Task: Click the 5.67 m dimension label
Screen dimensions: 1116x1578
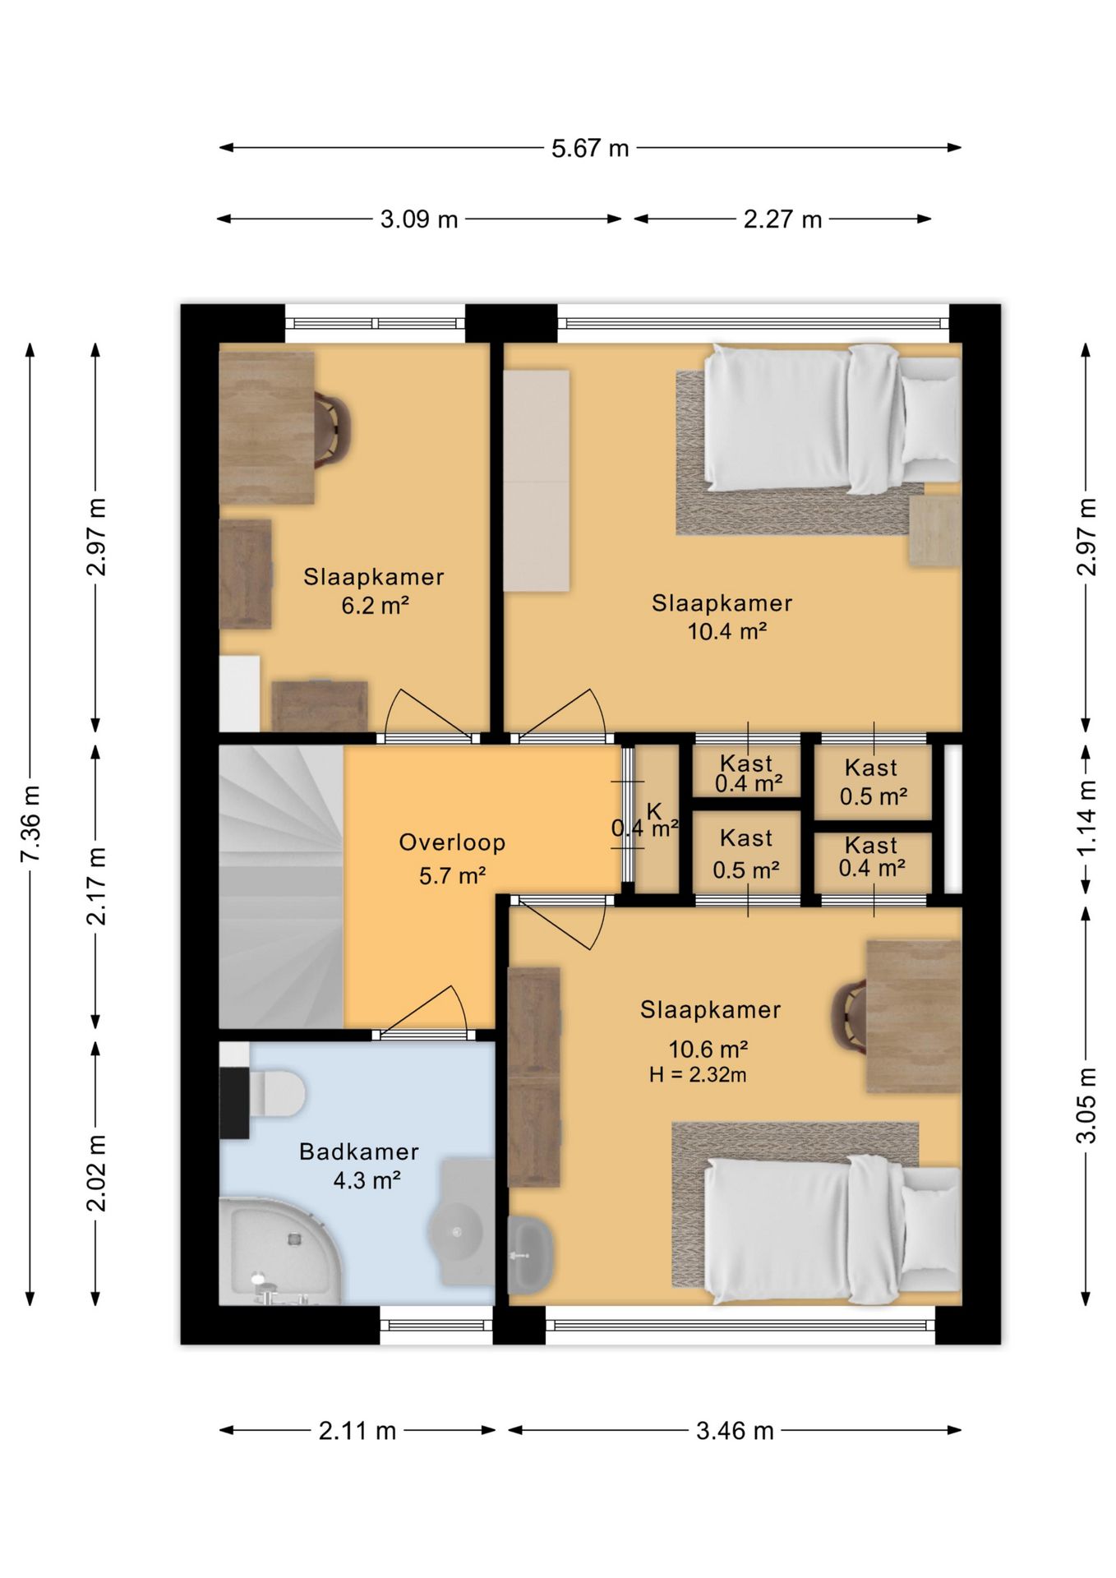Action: pyautogui.click(x=590, y=149)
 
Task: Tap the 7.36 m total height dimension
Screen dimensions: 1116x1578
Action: pyautogui.click(x=30, y=824)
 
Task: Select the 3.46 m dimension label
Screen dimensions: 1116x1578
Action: pyautogui.click(x=735, y=1431)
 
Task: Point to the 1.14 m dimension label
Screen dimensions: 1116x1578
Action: pyautogui.click(x=1086, y=818)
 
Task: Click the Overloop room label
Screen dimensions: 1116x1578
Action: pyautogui.click(x=452, y=842)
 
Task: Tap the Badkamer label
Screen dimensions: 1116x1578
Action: pyautogui.click(x=359, y=1151)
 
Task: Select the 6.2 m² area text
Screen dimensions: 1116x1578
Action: pyautogui.click(x=376, y=606)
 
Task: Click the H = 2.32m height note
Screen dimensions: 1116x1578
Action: pyautogui.click(x=698, y=1074)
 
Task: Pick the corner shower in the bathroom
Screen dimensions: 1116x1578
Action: pyautogui.click(x=279, y=1252)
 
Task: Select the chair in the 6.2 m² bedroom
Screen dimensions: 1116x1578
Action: pyautogui.click(x=334, y=429)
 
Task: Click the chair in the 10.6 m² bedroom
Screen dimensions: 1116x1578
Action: pyautogui.click(x=850, y=1017)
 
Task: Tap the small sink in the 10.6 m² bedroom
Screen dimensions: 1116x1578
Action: pyautogui.click(x=531, y=1254)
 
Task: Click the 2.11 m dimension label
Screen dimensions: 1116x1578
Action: pyautogui.click(x=357, y=1431)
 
